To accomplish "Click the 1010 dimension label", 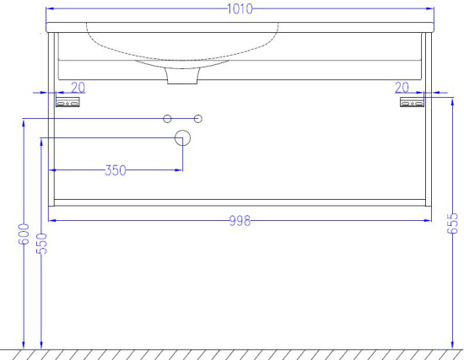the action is point(240,9).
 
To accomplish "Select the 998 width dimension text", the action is point(240,221).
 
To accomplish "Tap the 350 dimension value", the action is point(116,170).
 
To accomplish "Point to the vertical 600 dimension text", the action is point(24,234).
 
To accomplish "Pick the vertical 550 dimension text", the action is point(41,244).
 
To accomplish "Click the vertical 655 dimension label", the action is point(452,223).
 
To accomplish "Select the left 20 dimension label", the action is point(78,88).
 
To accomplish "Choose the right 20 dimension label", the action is point(402,88).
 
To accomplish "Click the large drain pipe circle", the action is point(182,138).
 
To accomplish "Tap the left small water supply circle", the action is point(167,119).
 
